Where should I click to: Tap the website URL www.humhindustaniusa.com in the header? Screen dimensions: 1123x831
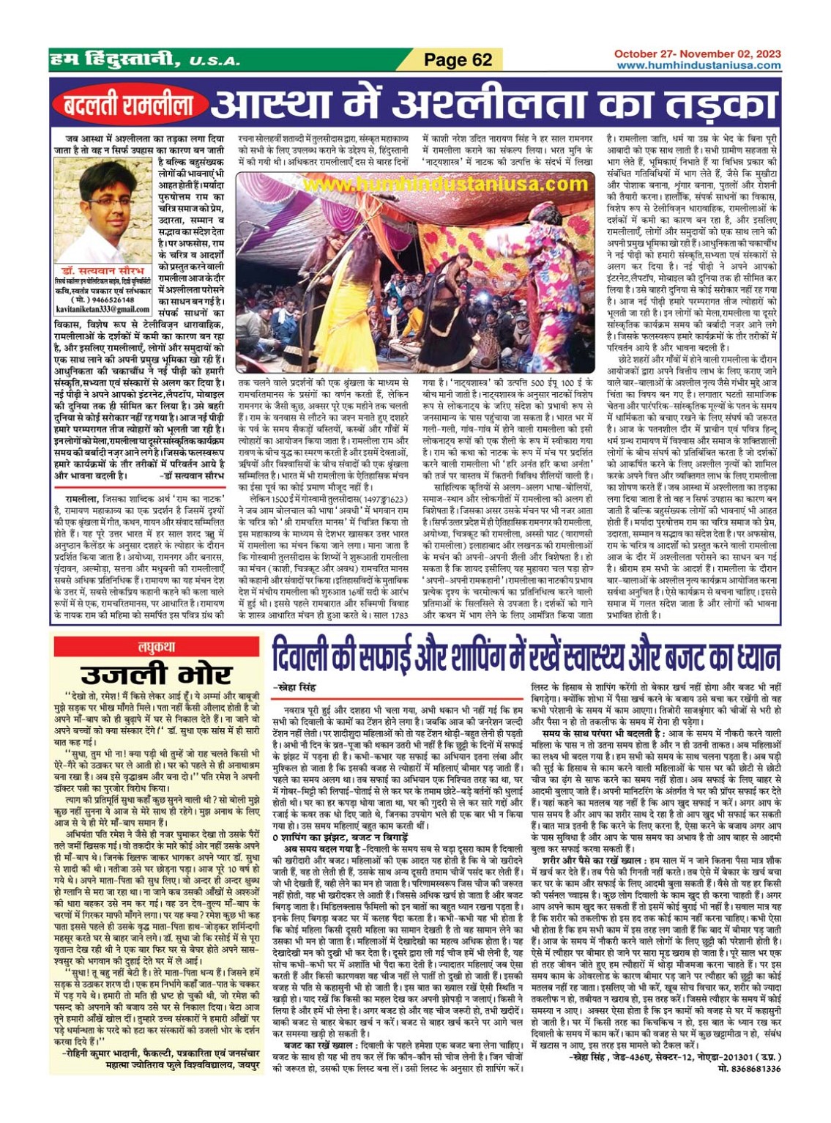pyautogui.click(x=698, y=65)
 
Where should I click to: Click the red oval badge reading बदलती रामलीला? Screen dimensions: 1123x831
pyautogui.click(x=129, y=106)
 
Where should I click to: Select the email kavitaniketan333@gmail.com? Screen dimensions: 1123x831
pyautogui.click(x=103, y=309)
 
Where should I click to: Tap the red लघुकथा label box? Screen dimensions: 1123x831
pyautogui.click(x=156, y=647)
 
